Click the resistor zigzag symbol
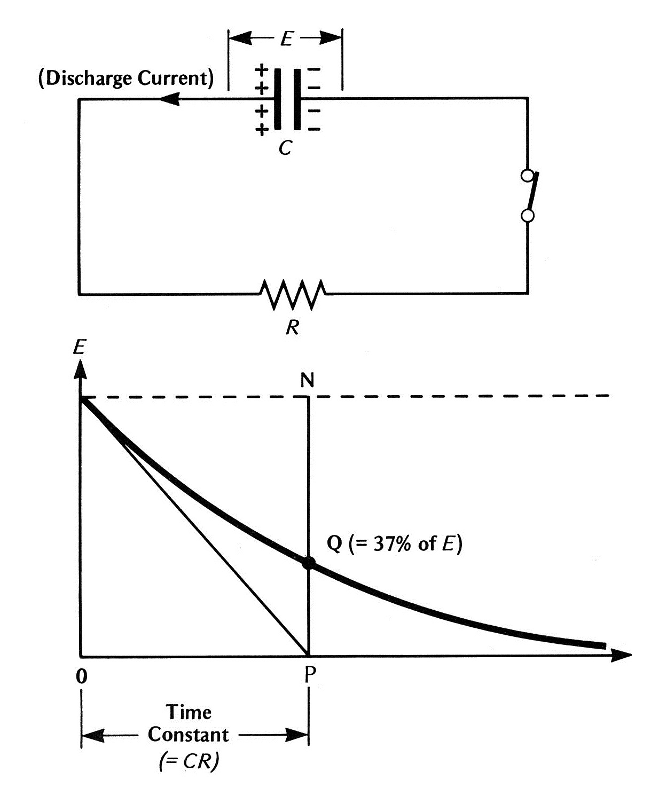[x=292, y=294]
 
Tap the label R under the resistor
[x=292, y=326]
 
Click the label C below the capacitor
[x=285, y=148]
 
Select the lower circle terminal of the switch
[x=528, y=215]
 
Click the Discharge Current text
[x=126, y=78]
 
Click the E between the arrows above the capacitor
[x=286, y=39]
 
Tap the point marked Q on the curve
[x=308, y=563]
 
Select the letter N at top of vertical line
[x=307, y=380]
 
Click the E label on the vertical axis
[x=79, y=348]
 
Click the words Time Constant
[x=188, y=723]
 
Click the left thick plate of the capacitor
[x=278, y=99]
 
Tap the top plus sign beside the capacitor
[x=261, y=69]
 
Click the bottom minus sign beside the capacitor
[x=315, y=129]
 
